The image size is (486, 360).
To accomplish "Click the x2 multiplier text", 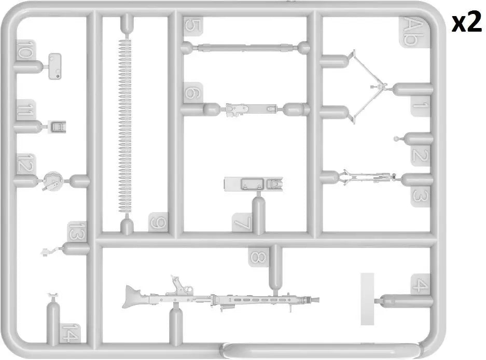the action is coord(466,23).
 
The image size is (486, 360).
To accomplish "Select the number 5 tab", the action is coord(193,26).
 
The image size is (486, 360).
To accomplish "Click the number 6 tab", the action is coord(193,93).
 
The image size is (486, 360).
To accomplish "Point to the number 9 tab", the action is coord(158,222).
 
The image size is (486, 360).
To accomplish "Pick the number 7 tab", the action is coord(242,223).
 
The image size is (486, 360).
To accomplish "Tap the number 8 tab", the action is coord(258,256).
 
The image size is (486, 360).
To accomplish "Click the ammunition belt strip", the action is coord(125,126).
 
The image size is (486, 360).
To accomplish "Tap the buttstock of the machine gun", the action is coord(133,297).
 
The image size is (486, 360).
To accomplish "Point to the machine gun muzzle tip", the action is coord(318,300).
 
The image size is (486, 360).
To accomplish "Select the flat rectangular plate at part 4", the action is coord(368,299).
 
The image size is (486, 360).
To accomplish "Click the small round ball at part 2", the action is coord(396,139).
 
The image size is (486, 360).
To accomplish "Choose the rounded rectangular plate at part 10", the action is coord(55,66).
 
